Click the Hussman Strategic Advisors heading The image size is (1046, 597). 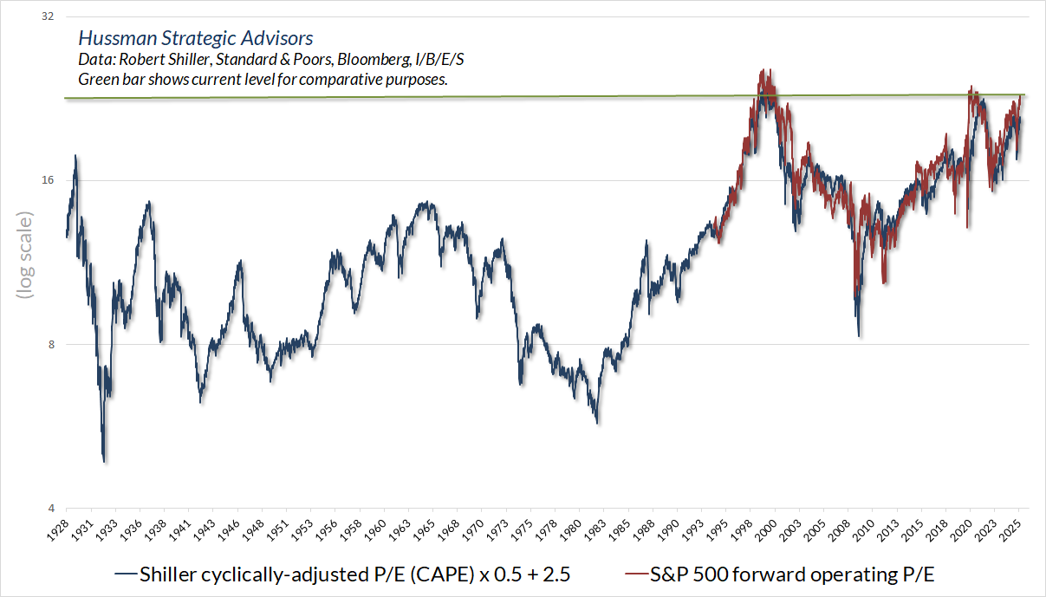(195, 39)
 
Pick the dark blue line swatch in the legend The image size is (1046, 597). (127, 574)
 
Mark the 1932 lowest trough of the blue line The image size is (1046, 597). (105, 462)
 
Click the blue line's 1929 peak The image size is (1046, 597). (75, 156)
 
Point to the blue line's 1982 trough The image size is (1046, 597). (597, 423)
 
